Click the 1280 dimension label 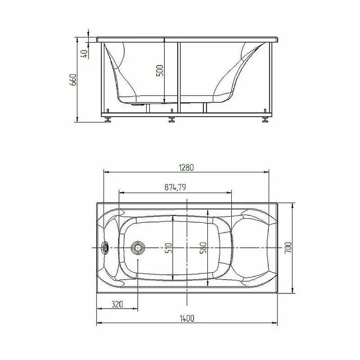186,167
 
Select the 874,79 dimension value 175,187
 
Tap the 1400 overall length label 187,319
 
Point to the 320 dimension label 117,304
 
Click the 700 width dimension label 288,248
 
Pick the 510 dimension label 169,248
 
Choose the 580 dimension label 203,248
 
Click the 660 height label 73,80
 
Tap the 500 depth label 160,71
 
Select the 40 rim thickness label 85,54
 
